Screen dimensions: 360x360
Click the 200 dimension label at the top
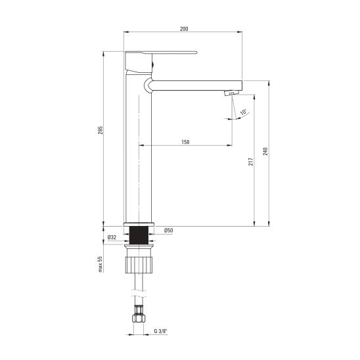point(184,29)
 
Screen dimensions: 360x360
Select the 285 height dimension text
point(101,130)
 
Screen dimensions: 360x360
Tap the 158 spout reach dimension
point(185,142)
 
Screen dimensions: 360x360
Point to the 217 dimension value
point(251,162)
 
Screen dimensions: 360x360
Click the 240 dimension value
point(265,152)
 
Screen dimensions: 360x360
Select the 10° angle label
point(243,112)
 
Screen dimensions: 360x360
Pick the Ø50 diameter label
point(169,231)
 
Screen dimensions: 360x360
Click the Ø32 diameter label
point(112,237)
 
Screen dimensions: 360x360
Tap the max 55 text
point(101,264)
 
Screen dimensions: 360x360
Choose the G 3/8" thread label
point(161,331)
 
